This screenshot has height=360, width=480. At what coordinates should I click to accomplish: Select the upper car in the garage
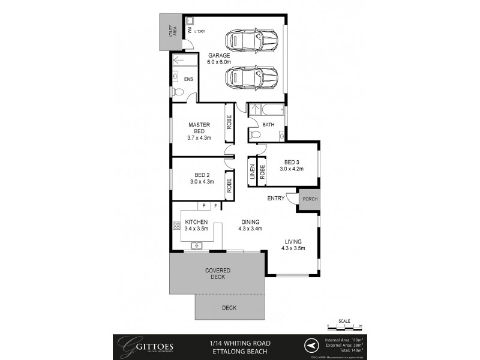[x=251, y=41]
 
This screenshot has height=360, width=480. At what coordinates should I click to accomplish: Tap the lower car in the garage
[x=251, y=78]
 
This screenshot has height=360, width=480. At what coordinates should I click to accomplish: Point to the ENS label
[x=188, y=79]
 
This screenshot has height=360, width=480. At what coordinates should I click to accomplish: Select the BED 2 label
[x=199, y=175]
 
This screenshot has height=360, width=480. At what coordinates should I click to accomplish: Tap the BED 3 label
[x=292, y=162]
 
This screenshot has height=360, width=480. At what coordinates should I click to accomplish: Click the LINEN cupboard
[x=253, y=172]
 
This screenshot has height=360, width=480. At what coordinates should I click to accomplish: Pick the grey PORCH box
[x=309, y=200]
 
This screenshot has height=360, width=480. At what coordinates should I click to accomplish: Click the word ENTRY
[x=276, y=199]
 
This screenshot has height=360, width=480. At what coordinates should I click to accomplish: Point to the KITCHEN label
[x=196, y=221]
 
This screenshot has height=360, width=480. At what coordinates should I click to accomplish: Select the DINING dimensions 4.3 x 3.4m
[x=250, y=228]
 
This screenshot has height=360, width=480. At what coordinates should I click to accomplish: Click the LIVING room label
[x=293, y=242]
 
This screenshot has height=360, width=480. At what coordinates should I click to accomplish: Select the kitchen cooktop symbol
[x=177, y=226]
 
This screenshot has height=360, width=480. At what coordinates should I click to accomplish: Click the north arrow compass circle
[x=310, y=346]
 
